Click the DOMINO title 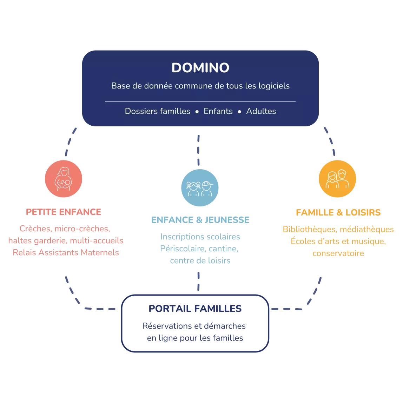[200, 68]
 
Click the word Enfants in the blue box [218, 111]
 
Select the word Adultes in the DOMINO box [261, 111]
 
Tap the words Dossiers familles [157, 111]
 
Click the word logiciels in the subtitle [273, 86]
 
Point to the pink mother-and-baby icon [64, 179]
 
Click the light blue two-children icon [199, 188]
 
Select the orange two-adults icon [337, 179]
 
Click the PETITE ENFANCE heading [64, 212]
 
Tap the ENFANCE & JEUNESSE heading [200, 220]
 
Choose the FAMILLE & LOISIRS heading [338, 212]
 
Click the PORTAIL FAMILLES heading [195, 309]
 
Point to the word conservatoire [338, 253]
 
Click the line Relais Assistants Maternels [66, 252]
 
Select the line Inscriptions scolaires [200, 237]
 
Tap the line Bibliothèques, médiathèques [338, 230]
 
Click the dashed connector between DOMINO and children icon [199, 150]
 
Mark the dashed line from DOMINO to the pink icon [70, 142]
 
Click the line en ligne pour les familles [195, 339]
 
